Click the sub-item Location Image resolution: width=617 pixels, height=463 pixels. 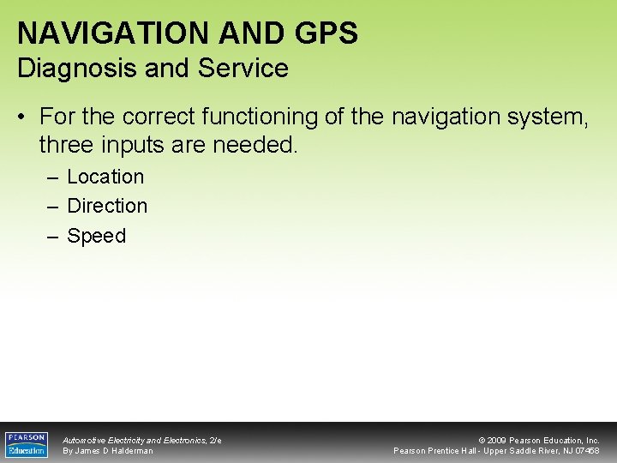click(105, 177)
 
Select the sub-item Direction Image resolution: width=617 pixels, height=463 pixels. click(107, 206)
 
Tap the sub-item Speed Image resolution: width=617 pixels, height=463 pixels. click(96, 236)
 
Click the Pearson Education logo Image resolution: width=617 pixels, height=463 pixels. click(27, 444)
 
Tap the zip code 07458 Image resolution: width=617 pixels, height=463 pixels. click(587, 451)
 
